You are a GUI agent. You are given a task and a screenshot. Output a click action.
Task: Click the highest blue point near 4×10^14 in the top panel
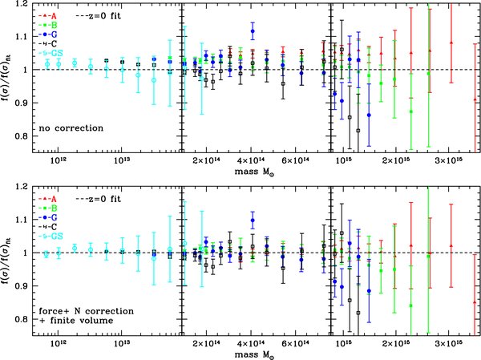click(253, 31)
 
